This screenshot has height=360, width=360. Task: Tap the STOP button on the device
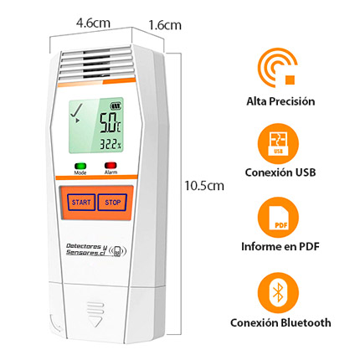[112, 203]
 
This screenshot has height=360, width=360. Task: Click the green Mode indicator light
[80, 166]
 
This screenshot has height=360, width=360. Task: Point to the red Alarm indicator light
[111, 166]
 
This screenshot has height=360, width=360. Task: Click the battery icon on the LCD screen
[116, 106]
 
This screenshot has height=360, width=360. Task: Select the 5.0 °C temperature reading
[111, 122]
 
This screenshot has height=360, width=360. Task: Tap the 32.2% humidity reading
[111, 145]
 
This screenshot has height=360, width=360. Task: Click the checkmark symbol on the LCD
[76, 111]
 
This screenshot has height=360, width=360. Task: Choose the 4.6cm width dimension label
[93, 23]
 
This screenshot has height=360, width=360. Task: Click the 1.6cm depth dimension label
[165, 25]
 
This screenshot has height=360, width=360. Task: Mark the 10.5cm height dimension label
[204, 186]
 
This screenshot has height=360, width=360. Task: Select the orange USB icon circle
[278, 144]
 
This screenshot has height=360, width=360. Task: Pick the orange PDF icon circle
[278, 218]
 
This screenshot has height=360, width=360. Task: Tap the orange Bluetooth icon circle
[278, 293]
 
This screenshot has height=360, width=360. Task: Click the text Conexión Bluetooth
[280, 322]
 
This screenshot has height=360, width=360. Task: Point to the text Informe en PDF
[280, 246]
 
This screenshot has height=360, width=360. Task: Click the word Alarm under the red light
[111, 172]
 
